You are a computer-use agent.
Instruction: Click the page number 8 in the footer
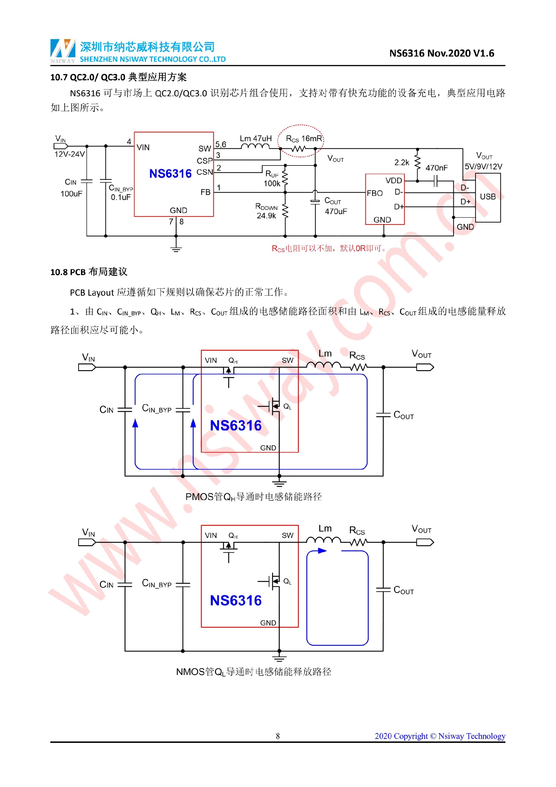click(278, 736)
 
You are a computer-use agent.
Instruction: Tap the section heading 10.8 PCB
click(89, 272)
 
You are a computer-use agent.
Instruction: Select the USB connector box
click(488, 197)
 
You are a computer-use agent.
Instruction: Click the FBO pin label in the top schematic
click(374, 193)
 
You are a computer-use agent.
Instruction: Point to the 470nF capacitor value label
click(436, 168)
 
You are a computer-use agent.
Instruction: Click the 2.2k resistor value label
click(402, 163)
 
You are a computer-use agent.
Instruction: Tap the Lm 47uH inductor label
click(255, 139)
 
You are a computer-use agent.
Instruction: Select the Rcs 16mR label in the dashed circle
click(304, 139)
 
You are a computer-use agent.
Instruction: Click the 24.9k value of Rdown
click(266, 216)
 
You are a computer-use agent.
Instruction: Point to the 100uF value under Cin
click(71, 194)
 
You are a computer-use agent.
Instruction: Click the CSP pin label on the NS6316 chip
click(204, 161)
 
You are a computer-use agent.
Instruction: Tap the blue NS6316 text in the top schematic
click(170, 173)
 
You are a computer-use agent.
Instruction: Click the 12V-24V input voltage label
click(69, 154)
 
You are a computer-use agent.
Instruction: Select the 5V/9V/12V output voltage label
click(483, 167)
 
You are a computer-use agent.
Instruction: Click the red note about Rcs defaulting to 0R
click(329, 248)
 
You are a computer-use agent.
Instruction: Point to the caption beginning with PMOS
click(253, 497)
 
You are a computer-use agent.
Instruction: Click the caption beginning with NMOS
click(253, 672)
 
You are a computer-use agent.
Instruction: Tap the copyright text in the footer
click(440, 736)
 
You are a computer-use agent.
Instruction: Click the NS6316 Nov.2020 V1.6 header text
click(442, 53)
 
